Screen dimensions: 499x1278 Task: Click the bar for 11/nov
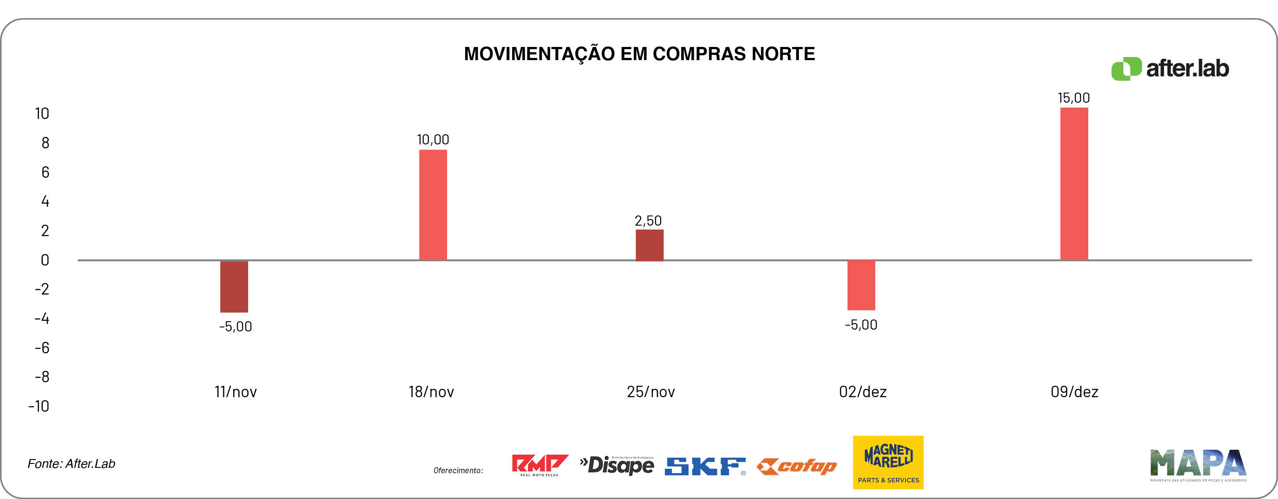coord(234,286)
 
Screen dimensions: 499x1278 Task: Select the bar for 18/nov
coord(433,205)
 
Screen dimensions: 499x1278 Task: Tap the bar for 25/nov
coord(650,245)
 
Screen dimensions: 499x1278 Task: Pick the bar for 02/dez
coord(861,285)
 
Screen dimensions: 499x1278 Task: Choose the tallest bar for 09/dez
coord(1074,183)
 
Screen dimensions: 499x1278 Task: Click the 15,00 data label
coord(1074,98)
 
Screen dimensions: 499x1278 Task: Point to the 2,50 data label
coord(648,221)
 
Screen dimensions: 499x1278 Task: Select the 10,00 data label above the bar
coord(433,140)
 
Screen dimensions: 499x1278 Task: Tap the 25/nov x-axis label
coord(650,392)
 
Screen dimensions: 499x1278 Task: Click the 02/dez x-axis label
coord(863,392)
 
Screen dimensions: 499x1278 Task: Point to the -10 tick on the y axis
coord(39,407)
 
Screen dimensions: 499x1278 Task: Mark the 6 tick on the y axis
coord(45,172)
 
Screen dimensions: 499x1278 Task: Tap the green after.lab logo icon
coord(1126,69)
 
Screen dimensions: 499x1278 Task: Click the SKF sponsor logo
coord(705,466)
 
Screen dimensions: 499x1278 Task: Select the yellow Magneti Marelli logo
coord(888,462)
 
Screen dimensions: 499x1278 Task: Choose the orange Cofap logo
coord(797,466)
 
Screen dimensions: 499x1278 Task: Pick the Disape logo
coord(617,465)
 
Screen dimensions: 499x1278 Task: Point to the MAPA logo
coord(1198,464)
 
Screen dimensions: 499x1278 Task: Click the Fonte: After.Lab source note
coord(72,464)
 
